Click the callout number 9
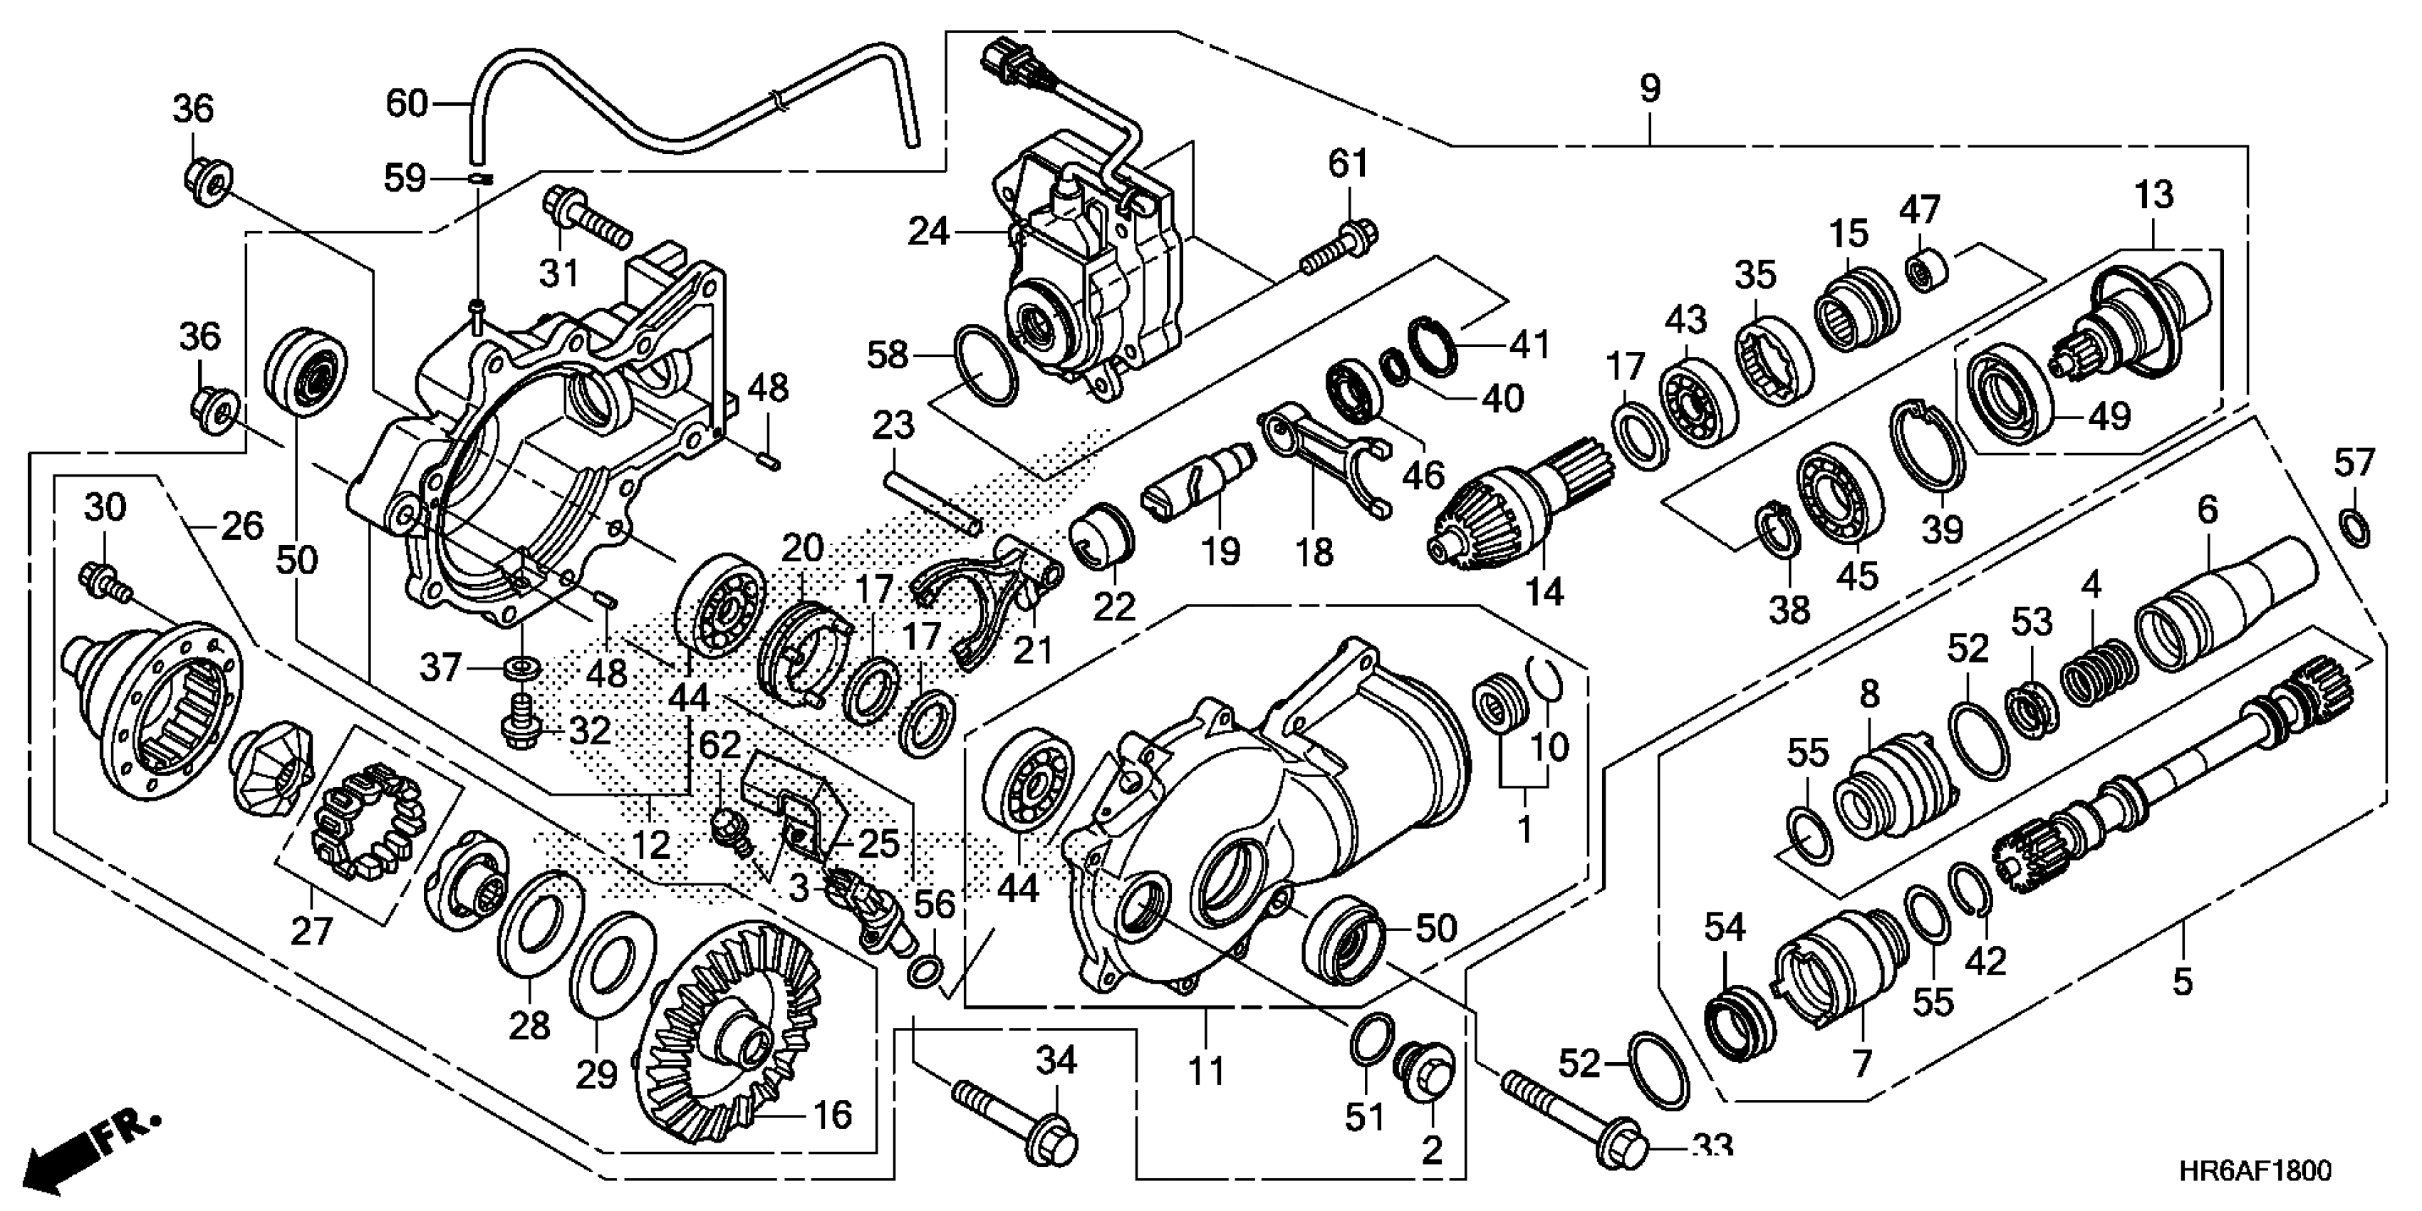point(1650,89)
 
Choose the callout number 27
point(311,931)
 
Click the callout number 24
point(928,232)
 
